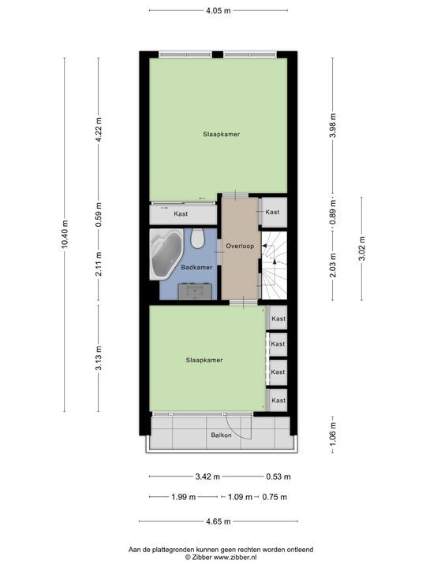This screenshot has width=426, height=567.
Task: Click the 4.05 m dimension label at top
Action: [x=219, y=11]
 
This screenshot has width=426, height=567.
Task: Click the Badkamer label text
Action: [x=195, y=268]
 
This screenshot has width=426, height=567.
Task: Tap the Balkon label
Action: [x=221, y=435]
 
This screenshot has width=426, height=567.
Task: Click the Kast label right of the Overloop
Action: [x=272, y=213]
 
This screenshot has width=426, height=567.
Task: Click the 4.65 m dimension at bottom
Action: [x=219, y=521]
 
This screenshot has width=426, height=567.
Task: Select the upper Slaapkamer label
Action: [x=219, y=134]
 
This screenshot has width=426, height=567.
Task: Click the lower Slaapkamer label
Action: [x=204, y=360]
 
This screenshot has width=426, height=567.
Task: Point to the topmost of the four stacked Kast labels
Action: [x=278, y=319]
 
